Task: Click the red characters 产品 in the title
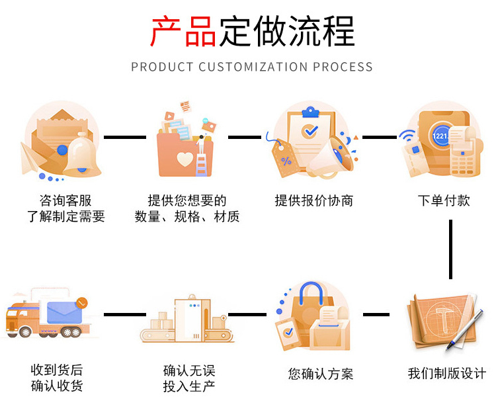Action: (183, 31)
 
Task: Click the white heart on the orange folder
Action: (185, 159)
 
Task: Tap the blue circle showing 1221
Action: (440, 136)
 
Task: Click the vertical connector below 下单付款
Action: (450, 248)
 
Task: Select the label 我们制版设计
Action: (446, 374)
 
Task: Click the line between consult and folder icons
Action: (125, 137)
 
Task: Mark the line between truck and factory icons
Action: (125, 314)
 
